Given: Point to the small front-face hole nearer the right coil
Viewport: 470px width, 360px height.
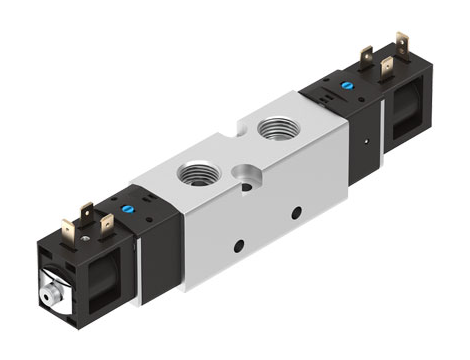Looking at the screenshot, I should pyautogui.click(x=296, y=212).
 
